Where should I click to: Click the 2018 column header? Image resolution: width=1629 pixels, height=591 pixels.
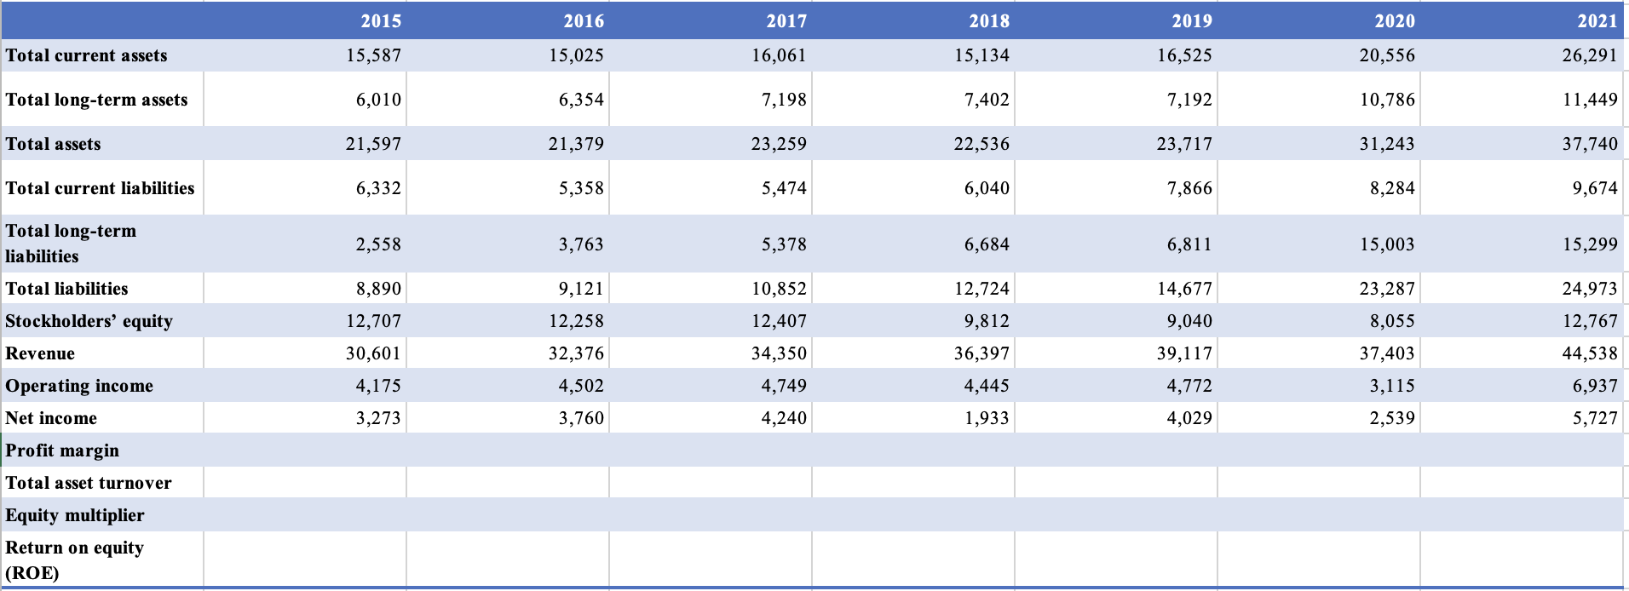click(988, 20)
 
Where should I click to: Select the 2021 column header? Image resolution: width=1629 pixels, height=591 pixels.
click(1597, 20)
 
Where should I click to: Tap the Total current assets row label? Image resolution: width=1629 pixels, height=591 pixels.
click(86, 55)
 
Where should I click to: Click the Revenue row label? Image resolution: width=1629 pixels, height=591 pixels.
click(40, 353)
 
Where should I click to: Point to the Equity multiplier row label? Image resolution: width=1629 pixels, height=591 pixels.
click(75, 515)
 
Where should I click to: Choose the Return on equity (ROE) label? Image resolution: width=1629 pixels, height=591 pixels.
click(74, 559)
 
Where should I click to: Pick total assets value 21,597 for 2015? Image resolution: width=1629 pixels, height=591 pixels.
click(373, 144)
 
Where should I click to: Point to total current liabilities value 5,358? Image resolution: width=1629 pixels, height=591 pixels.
click(581, 188)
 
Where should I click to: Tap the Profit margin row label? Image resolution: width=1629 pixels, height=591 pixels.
click(62, 450)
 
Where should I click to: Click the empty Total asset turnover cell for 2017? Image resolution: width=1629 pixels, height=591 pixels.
click(711, 483)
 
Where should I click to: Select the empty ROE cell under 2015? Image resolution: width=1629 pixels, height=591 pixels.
click(305, 559)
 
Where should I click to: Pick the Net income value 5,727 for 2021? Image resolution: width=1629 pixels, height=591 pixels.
click(1595, 418)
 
